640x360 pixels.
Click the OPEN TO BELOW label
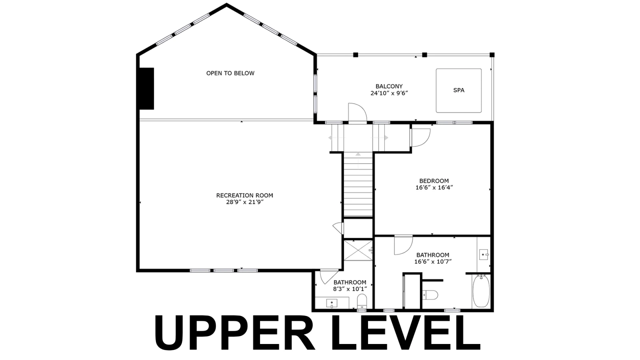coord(230,73)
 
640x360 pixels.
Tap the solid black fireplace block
coord(146,88)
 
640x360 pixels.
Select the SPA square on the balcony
coord(458,90)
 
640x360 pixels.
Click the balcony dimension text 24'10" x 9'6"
coord(389,93)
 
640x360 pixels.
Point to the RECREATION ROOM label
coord(244,196)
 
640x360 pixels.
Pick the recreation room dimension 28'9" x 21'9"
coord(244,202)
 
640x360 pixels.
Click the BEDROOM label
coord(434,181)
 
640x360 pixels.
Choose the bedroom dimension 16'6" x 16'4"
coord(434,188)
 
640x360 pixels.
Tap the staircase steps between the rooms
coord(358,185)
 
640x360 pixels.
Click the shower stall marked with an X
coord(358,250)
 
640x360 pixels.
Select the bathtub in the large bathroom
coord(481,291)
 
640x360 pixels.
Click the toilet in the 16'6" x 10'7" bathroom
coord(430,295)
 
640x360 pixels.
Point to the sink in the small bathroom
coord(332,303)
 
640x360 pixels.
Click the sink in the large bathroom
coord(484,254)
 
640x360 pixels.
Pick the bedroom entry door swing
coord(420,138)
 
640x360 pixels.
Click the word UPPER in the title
coord(234,332)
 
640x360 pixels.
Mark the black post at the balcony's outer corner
coord(492,55)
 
